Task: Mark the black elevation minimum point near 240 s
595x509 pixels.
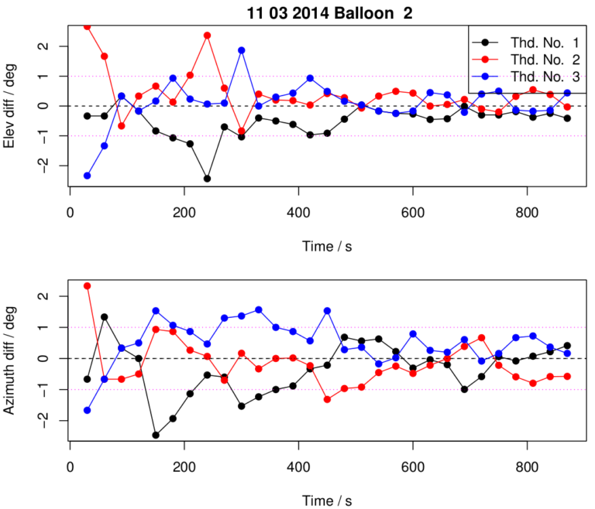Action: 208,179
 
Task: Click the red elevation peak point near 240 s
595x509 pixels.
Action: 208,35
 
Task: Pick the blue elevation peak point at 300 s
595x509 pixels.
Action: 242,50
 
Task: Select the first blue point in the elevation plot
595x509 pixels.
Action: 88,176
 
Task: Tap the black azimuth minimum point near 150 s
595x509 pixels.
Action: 156,435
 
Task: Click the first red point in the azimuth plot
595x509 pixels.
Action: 88,285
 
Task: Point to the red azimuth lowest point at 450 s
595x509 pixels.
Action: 328,399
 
